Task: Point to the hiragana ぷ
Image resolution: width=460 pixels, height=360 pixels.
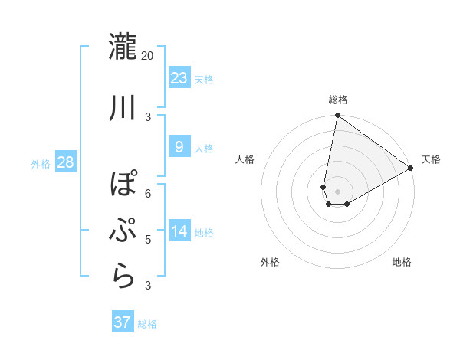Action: (123, 230)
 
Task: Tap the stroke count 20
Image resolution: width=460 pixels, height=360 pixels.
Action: (147, 55)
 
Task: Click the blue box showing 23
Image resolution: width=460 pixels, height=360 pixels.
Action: (179, 78)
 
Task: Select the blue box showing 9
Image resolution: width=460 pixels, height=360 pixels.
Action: (179, 147)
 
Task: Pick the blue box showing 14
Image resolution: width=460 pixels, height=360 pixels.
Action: (179, 231)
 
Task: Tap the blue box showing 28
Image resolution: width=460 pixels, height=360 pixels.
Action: (65, 162)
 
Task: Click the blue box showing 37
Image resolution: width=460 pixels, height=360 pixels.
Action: (123, 322)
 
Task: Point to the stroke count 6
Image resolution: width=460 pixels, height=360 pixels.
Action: (148, 193)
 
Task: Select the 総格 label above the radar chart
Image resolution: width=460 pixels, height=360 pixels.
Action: (337, 100)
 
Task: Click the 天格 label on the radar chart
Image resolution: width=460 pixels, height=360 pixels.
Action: (431, 159)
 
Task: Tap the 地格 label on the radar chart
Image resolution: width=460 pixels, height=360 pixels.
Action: (402, 262)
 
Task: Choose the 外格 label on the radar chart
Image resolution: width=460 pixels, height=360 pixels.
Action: (270, 262)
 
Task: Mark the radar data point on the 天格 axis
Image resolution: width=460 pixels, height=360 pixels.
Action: (411, 168)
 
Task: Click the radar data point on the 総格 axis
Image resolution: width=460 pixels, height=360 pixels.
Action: (337, 116)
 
